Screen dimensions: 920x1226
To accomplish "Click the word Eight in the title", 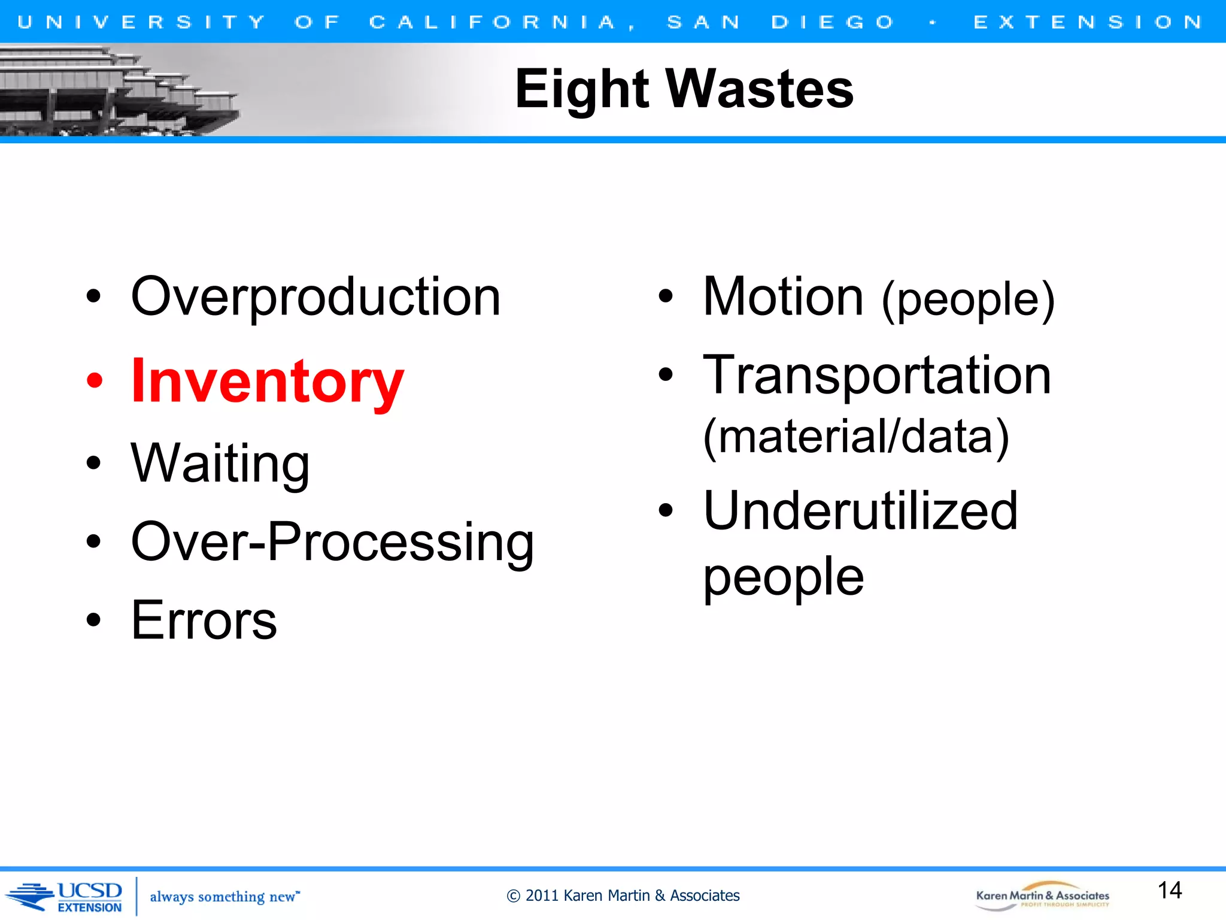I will coord(582,90).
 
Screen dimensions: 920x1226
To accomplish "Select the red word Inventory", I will coord(268,382).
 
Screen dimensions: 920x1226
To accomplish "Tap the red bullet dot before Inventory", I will coord(95,380).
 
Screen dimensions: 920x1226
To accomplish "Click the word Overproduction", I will coord(315,298).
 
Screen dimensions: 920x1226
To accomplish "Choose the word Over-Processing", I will coord(332,542).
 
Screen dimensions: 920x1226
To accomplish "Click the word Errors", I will coord(204,621).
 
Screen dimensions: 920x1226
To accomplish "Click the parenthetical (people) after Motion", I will coord(968,299).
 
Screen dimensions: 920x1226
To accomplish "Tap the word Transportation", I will coord(877,376).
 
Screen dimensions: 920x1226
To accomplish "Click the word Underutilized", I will coord(860,511).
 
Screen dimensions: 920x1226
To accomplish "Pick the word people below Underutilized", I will coord(783,576).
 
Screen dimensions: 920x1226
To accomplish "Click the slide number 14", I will coord(1170,890).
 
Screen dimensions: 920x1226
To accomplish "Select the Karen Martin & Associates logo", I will coord(1042,896).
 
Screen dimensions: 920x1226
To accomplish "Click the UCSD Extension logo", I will coord(66,897).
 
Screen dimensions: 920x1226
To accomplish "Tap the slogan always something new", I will coord(224,897).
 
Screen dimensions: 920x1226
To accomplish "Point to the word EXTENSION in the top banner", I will coord(1088,22).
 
